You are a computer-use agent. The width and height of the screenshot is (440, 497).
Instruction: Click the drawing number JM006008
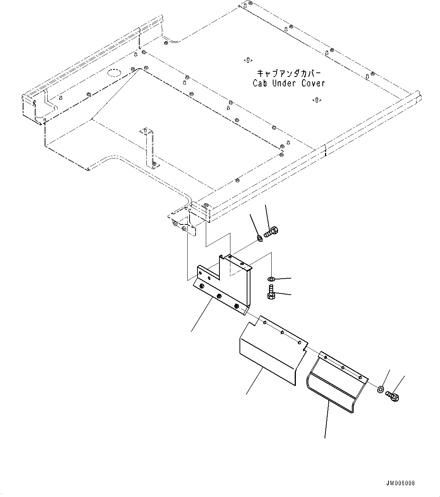coord(400,483)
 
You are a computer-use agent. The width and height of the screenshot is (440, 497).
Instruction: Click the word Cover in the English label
coord(313,83)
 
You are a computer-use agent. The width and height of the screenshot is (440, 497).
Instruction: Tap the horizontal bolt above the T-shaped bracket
coord(271,232)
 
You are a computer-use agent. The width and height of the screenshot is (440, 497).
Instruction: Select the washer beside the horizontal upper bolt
coord(259,238)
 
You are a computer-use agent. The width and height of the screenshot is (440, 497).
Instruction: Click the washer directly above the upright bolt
coord(271,279)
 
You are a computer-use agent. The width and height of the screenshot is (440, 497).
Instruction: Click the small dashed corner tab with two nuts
coord(182,224)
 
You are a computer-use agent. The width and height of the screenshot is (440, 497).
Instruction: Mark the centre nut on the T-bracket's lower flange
coord(219,296)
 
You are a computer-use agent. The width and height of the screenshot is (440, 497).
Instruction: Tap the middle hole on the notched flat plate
coord(282,333)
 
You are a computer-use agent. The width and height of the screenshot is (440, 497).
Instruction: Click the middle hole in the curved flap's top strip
coord(342,367)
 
